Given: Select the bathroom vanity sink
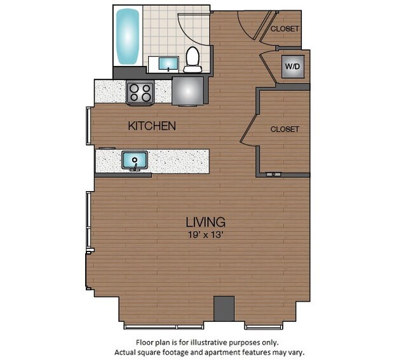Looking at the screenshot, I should (x=168, y=63).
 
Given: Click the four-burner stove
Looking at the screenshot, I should (x=140, y=93).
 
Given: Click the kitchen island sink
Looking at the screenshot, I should (x=135, y=160).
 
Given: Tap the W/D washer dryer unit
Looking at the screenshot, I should (x=292, y=67).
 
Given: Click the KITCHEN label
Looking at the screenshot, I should (x=152, y=126).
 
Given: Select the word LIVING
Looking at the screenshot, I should (x=205, y=222).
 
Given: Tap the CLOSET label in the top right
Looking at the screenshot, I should (x=284, y=29).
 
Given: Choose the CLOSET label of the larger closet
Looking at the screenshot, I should (x=284, y=129).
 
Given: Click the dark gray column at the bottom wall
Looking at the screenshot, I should (x=224, y=309).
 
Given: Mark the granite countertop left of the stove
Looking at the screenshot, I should (x=110, y=92).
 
